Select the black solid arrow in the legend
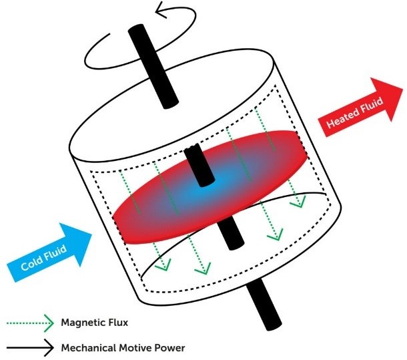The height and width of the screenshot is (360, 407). [x=29, y=347]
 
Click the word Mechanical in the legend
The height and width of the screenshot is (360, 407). [x=87, y=347]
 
